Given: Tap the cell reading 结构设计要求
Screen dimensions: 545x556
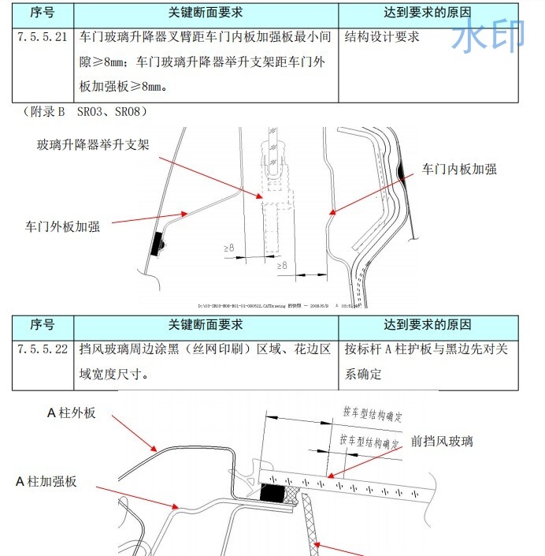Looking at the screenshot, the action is tap(382, 37).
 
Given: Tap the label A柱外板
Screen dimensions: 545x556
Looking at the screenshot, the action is tap(72, 412).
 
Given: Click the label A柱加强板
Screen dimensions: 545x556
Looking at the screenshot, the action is tap(46, 480).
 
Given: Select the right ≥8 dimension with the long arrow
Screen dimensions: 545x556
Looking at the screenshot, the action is tap(282, 267).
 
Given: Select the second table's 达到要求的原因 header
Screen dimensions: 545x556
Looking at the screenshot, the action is tap(428, 324).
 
